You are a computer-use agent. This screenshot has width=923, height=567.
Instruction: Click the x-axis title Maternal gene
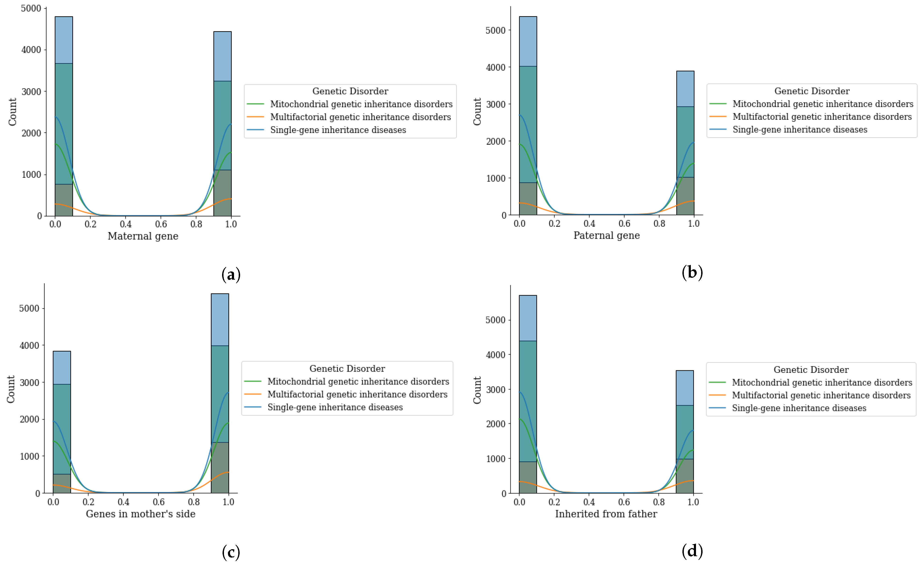tap(143, 236)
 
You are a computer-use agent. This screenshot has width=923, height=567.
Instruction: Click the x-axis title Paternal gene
tap(606, 235)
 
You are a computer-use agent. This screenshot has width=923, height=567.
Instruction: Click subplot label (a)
tap(231, 274)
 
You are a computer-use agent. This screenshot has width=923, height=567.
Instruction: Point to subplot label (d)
tap(692, 551)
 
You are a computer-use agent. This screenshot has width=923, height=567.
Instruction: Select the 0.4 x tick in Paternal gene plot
tap(589, 223)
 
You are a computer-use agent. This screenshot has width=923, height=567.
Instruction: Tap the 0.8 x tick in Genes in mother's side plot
tap(194, 502)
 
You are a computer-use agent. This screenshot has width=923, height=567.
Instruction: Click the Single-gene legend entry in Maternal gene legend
tap(338, 130)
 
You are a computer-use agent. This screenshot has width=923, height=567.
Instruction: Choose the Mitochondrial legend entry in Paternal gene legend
tap(823, 104)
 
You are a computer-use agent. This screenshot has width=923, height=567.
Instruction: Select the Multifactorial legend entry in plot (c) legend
tap(357, 394)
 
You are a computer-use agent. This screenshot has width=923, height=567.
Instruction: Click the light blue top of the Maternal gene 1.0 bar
tap(222, 56)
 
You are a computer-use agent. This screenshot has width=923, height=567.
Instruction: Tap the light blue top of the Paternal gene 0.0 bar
tap(528, 41)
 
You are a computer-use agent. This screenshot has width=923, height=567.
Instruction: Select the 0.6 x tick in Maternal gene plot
tap(161, 224)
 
